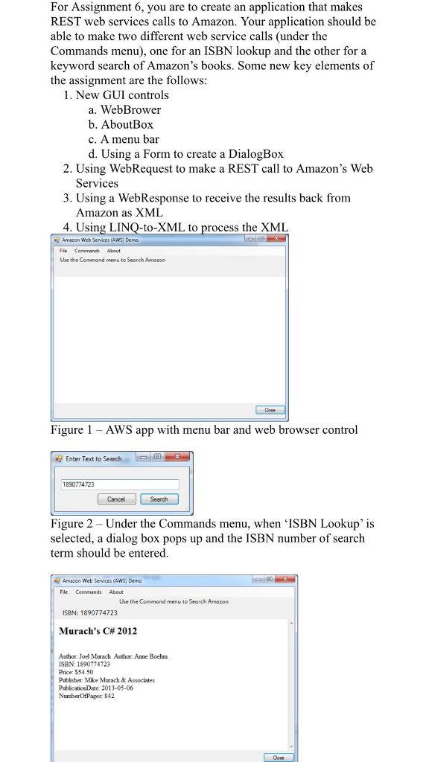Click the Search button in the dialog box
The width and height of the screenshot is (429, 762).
[x=159, y=499]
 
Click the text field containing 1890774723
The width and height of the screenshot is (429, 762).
[x=119, y=484]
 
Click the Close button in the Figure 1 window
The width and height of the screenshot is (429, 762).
[x=270, y=410]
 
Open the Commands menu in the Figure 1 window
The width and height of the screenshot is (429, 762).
[x=86, y=251]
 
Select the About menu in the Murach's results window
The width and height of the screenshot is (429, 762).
[x=116, y=592]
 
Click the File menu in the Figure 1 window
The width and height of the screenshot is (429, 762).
[x=64, y=251]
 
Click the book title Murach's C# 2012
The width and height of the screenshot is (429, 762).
[x=98, y=631]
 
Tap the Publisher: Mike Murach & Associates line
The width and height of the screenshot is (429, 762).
[x=107, y=680]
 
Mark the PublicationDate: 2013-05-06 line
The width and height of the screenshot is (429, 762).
[x=95, y=688]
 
